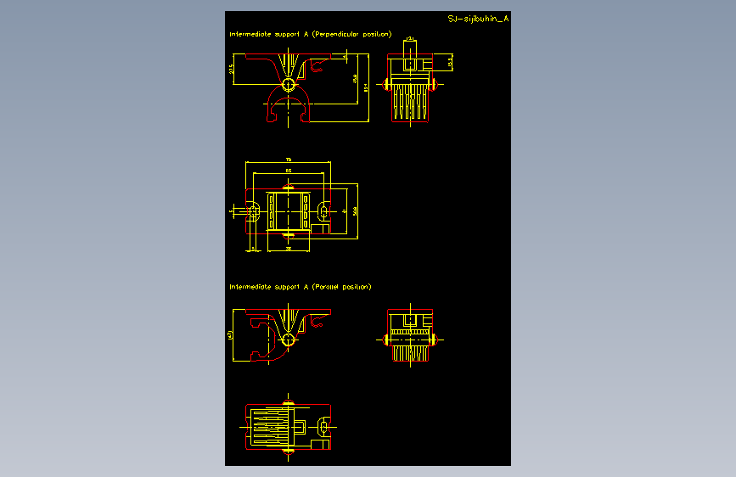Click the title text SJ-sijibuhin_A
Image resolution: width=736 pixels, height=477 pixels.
[478, 18]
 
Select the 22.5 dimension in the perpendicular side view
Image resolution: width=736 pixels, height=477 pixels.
[232, 70]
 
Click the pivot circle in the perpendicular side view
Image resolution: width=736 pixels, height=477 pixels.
[289, 85]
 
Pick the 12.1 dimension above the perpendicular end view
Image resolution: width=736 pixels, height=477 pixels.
[410, 39]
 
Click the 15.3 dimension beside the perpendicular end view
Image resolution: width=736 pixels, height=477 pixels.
[451, 61]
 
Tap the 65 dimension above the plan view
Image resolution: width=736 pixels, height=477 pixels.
[288, 171]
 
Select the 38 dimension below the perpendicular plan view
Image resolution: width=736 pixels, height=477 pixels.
[289, 250]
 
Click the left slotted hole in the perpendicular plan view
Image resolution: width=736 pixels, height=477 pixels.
[254, 209]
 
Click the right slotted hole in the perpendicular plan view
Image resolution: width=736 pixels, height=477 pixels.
[323, 209]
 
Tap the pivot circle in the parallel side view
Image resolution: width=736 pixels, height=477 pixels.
[289, 340]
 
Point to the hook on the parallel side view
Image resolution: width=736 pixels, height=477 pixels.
[318, 319]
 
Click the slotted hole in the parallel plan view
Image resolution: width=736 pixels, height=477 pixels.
[323, 424]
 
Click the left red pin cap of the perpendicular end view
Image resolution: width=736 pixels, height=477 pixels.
[387, 84]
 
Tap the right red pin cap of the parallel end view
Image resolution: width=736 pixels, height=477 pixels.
[435, 340]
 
